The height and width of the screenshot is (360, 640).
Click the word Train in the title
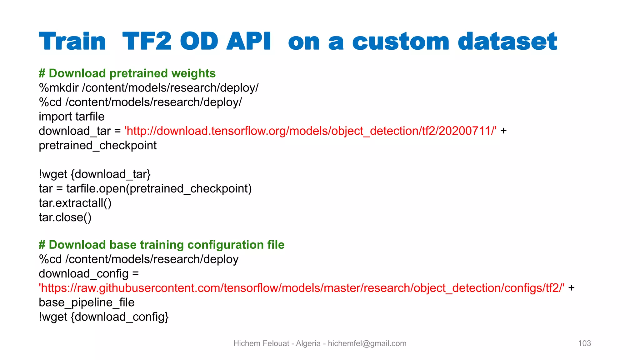point(72,42)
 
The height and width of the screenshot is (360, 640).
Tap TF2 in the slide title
point(147,42)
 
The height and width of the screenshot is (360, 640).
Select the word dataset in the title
point(507,42)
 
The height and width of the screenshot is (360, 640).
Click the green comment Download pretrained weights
point(127,73)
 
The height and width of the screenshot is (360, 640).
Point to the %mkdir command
point(59,88)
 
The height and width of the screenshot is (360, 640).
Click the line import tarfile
point(72,117)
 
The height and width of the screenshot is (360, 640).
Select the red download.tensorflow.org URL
point(310,131)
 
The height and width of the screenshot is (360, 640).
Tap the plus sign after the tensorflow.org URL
point(503,131)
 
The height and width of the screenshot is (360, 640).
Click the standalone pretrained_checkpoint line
point(97,145)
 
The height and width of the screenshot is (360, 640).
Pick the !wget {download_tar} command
point(95,174)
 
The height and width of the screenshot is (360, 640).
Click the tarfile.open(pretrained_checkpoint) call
point(159,188)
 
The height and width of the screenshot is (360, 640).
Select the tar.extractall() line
point(75,203)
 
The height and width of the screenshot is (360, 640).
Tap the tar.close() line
point(65,217)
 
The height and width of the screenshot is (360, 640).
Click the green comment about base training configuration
point(162,245)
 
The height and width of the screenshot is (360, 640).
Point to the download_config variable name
point(83,273)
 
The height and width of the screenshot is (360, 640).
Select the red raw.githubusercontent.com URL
point(302,288)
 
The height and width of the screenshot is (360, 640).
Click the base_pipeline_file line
point(87,302)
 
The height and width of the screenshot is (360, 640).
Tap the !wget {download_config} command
point(104,317)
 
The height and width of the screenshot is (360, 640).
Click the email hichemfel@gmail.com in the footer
point(367,343)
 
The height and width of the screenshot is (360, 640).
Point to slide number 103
point(584,343)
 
